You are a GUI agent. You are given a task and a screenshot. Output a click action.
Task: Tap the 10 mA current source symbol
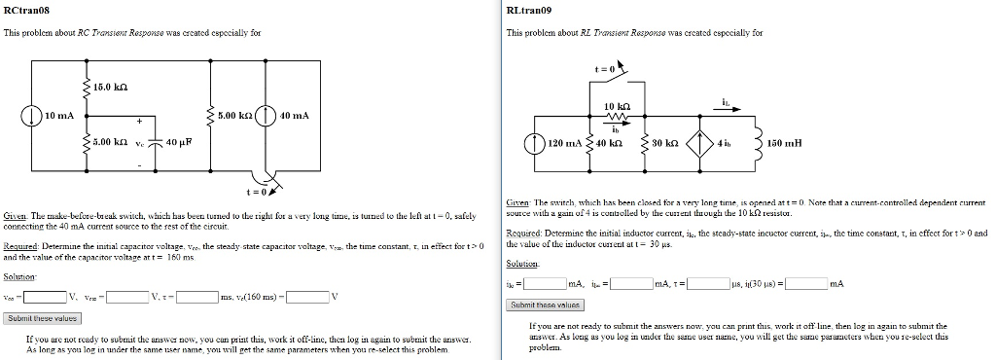(x=33, y=116)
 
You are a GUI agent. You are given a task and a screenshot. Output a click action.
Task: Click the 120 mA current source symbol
(x=534, y=142)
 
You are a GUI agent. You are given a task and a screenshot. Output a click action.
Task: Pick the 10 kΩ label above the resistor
(x=618, y=105)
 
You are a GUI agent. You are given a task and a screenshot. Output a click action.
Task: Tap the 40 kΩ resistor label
(x=609, y=143)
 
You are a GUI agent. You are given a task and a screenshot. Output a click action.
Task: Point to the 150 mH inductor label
(x=786, y=143)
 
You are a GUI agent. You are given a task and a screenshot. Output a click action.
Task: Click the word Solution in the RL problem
(x=521, y=264)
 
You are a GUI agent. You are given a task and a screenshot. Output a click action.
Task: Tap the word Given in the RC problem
(x=16, y=214)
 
